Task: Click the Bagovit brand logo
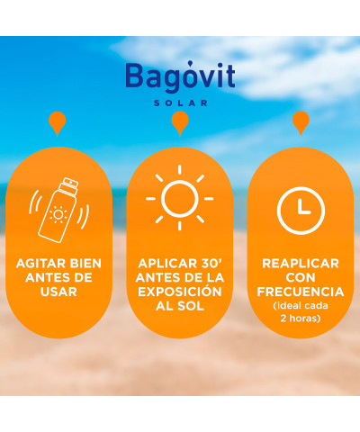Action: click(x=180, y=76)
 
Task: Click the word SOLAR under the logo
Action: click(x=180, y=103)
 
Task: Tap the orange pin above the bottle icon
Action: click(x=57, y=123)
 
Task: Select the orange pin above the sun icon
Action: click(x=180, y=123)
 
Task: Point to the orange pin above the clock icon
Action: click(x=301, y=123)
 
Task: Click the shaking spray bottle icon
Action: click(x=58, y=210)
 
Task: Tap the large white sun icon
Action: click(x=179, y=198)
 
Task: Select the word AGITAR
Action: click(x=41, y=264)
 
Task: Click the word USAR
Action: click(x=58, y=292)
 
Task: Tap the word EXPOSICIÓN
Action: click(x=180, y=291)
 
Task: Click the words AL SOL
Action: click(x=180, y=306)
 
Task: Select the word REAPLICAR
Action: click(x=301, y=264)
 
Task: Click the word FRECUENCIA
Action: click(x=301, y=292)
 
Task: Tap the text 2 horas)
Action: click(x=301, y=318)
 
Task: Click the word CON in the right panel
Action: click(x=301, y=277)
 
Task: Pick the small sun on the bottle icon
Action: click(x=58, y=214)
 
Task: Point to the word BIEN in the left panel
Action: click(x=85, y=264)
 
